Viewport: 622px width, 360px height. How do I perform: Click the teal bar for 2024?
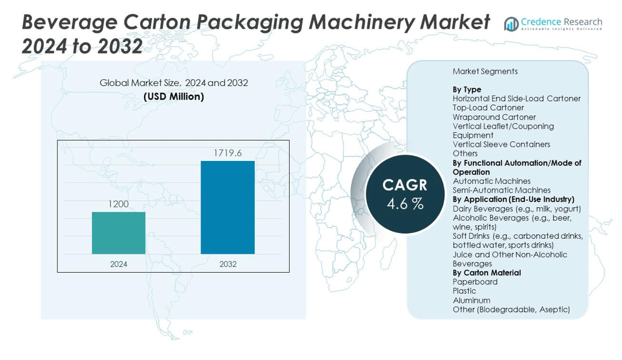tap(118, 233)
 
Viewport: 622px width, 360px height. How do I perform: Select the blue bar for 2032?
tap(228, 207)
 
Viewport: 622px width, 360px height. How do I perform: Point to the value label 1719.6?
tap(228, 153)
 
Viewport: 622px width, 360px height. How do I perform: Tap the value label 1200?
tap(118, 204)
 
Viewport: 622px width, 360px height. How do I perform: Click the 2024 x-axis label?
tap(118, 264)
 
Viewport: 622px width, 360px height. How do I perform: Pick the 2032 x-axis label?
tap(228, 264)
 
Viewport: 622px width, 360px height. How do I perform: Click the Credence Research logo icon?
tap(511, 24)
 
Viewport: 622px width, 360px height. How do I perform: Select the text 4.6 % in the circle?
tap(405, 204)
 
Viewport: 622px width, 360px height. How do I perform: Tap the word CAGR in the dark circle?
tap(405, 185)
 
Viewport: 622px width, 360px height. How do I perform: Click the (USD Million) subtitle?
tap(174, 97)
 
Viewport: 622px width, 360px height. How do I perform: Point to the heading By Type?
tap(467, 90)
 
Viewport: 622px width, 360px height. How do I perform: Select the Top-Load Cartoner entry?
tap(488, 108)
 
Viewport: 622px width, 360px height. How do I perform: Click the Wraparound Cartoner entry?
tap(494, 117)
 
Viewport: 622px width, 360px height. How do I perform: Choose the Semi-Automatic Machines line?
tap(501, 190)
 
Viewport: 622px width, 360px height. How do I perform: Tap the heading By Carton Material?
tap(487, 273)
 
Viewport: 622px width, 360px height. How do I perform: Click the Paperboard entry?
tap(475, 282)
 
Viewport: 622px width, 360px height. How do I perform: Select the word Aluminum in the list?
tap(472, 300)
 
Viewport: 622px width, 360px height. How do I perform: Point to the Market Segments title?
tap(485, 71)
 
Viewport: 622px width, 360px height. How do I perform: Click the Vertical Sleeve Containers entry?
tap(501, 145)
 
